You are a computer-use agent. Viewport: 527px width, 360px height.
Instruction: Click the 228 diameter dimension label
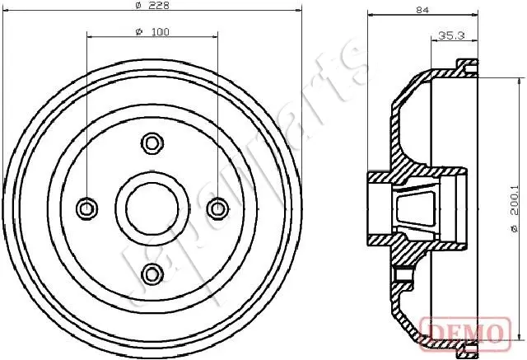click(x=152, y=6)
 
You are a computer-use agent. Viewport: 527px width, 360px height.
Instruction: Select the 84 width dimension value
click(x=422, y=10)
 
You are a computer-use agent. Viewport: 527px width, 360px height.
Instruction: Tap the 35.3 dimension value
click(x=451, y=35)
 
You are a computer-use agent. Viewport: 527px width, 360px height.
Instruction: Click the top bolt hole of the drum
click(x=152, y=143)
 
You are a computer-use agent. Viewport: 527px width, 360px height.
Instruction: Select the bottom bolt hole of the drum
click(x=152, y=274)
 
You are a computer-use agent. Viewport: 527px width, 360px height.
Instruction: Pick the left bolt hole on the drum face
click(x=86, y=208)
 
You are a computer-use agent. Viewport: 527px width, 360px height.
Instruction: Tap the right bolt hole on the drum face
click(x=217, y=208)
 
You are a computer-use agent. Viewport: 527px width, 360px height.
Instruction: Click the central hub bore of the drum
click(x=152, y=208)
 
